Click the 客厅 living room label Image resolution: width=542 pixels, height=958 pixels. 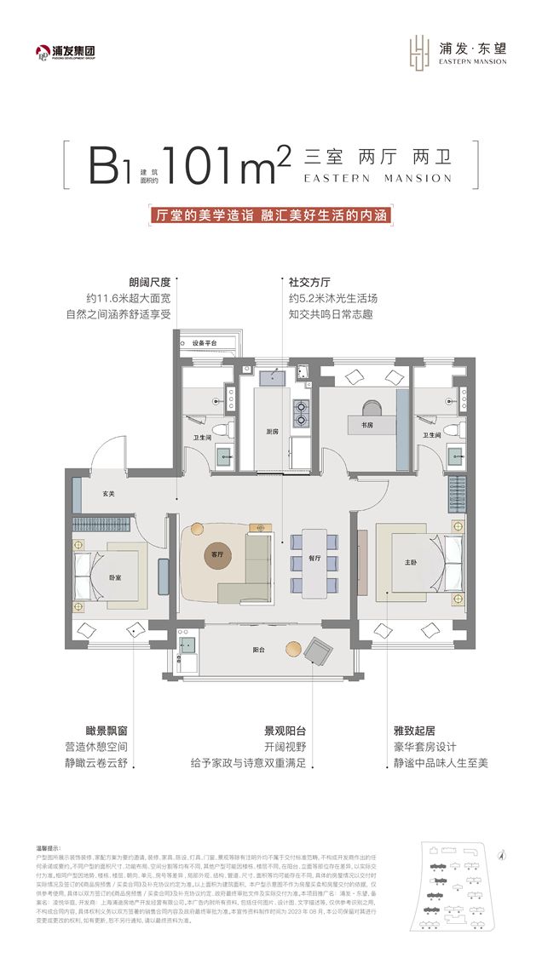coord(216,554)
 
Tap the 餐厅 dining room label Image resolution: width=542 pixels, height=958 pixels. coord(314,558)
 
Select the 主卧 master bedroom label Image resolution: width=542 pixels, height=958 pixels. coord(412,562)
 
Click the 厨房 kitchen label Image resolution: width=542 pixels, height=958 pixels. coord(272,432)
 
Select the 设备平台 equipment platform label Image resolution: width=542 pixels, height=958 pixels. coord(205,342)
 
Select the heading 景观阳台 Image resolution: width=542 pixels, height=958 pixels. coord(285,731)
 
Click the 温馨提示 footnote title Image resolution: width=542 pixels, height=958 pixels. coord(46,848)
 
